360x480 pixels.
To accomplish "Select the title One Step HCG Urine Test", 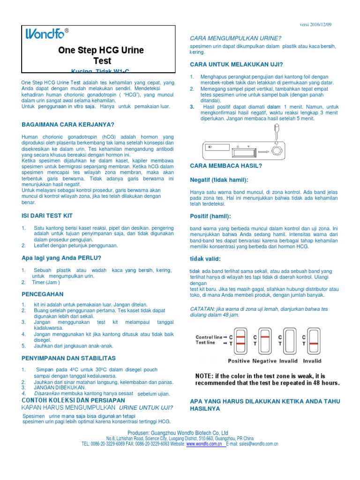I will point(101,55).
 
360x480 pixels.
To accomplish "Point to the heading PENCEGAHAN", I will point(43,294).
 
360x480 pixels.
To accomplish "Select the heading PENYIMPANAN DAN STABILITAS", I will point(68,358).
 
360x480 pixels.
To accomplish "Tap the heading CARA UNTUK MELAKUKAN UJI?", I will point(236,64).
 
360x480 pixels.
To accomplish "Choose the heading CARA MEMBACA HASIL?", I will point(226,166).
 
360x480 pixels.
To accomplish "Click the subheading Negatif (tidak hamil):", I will point(219,180).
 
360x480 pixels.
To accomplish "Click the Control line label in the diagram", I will point(209,337).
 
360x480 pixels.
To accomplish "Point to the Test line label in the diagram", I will point(205,343).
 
